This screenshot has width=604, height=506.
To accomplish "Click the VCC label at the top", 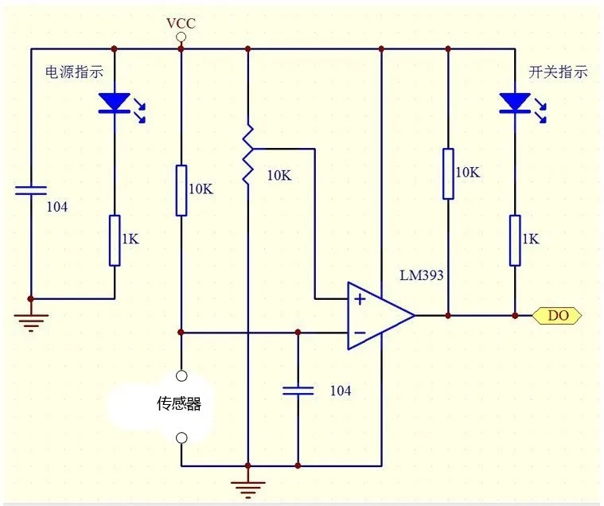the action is [181, 23].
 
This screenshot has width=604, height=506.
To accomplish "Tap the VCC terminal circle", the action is [181, 37].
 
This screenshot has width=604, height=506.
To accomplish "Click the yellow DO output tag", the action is [557, 316].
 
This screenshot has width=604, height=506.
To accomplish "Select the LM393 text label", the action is [422, 275].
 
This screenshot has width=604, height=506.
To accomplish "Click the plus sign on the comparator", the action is [360, 299].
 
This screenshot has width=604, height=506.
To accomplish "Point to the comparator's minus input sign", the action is [360, 333].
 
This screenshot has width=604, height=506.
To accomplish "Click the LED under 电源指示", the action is [115, 103].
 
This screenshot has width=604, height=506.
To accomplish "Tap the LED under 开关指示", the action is [515, 103].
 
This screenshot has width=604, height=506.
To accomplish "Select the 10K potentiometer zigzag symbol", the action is [247, 154].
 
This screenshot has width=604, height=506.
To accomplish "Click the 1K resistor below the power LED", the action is [115, 241].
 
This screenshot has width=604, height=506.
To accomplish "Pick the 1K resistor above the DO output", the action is [515, 241].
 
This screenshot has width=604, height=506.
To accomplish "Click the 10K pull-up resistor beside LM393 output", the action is [448, 173].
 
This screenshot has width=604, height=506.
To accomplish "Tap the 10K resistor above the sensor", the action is [181, 191].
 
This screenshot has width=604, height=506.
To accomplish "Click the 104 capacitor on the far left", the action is [31, 191].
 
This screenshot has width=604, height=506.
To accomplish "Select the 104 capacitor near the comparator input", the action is [298, 391].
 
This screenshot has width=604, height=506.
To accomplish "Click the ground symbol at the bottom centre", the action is [247, 489].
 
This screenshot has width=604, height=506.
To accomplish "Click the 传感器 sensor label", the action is [179, 403].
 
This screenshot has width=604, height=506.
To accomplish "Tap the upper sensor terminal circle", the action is [181, 376].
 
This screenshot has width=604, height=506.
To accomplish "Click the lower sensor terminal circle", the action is [181, 438].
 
